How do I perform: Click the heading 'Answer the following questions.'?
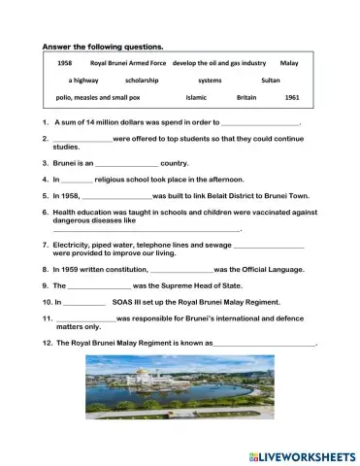point(102,46)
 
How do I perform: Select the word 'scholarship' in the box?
point(142,81)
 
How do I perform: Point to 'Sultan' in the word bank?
point(271,81)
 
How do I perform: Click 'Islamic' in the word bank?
point(196,98)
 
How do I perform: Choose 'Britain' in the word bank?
point(247,98)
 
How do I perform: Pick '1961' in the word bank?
point(292,98)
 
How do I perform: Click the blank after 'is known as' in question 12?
point(264,345)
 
